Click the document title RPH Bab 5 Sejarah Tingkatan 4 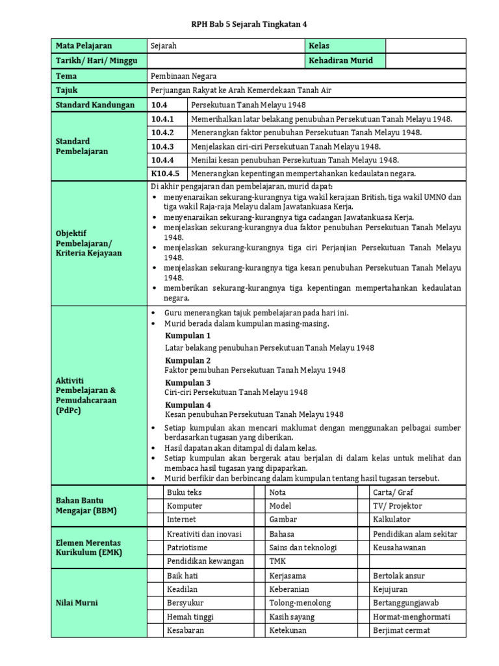click(x=249, y=24)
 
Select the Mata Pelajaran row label click(x=84, y=46)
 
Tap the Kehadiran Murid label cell click(x=341, y=60)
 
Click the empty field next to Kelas click(x=426, y=46)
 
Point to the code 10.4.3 click(x=162, y=147)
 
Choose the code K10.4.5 click(x=165, y=174)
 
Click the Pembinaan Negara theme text click(x=184, y=76)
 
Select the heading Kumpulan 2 click(x=188, y=360)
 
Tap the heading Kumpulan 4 click(x=188, y=405)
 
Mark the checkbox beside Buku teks click(x=155, y=492)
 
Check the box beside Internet click(x=155, y=520)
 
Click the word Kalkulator click(x=392, y=520)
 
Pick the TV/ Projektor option click(x=398, y=506)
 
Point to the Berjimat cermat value click(x=402, y=630)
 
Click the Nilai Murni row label click(x=77, y=603)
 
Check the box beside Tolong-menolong click(x=260, y=603)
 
